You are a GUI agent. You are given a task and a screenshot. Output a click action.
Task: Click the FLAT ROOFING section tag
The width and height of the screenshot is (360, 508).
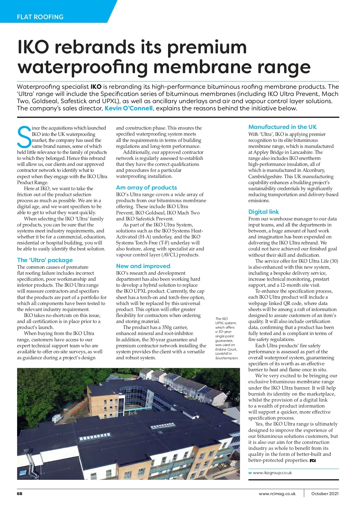[x=40, y=17]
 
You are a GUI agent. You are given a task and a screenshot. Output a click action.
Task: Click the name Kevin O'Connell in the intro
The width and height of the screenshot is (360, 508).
[x=128, y=108]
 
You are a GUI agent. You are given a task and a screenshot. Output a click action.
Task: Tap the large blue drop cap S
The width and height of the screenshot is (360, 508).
[x=24, y=137]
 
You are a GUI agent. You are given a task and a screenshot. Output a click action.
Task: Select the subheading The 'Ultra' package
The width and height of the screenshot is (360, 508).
[x=45, y=260]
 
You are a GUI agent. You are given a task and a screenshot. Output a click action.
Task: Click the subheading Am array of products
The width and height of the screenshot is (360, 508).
[x=146, y=187]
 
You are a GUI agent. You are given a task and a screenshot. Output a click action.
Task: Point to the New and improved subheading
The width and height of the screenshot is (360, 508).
[x=143, y=266]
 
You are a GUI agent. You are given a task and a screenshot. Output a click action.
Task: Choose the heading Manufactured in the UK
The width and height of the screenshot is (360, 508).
[x=282, y=127]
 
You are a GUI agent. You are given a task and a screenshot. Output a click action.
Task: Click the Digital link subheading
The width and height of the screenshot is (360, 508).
[x=263, y=212]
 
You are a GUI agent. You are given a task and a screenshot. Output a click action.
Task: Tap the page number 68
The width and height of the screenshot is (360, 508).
[x=19, y=493]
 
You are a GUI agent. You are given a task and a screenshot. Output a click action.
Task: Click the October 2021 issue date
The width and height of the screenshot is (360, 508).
[x=325, y=493]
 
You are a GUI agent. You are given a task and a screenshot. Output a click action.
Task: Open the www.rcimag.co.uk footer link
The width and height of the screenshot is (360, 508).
[x=277, y=493]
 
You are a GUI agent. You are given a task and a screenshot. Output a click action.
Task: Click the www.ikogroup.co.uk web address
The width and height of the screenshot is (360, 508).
[x=272, y=473]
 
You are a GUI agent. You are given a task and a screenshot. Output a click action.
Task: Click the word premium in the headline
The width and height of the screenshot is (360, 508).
[x=207, y=47]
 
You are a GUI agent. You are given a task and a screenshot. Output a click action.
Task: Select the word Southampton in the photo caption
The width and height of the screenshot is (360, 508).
[x=227, y=358]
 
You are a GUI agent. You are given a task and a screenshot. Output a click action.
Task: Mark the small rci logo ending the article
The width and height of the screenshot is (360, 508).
[x=313, y=460]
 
